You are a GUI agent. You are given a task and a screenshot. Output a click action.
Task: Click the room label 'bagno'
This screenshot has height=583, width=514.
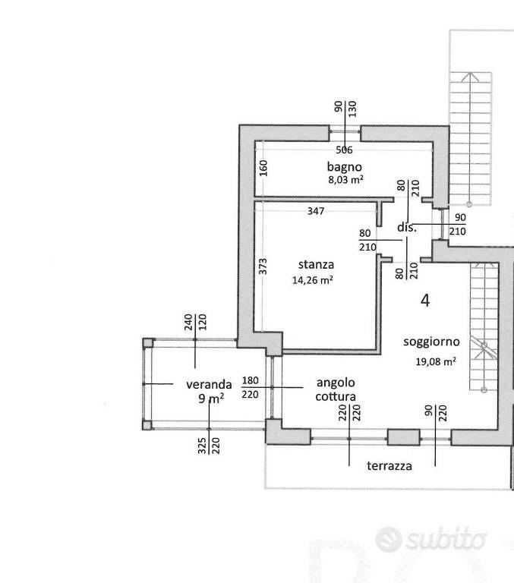345,167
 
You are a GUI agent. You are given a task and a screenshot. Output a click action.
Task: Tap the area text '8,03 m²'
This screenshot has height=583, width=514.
345,180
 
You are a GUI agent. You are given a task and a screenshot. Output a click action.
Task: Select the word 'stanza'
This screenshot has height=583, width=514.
316,264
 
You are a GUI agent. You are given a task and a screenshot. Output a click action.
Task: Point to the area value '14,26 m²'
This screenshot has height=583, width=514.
312,279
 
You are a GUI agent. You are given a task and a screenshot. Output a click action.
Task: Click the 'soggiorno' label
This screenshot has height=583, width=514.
431,342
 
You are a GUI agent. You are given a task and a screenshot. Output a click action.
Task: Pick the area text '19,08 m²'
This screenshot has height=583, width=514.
436,361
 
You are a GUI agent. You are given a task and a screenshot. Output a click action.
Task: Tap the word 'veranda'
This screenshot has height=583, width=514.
209,384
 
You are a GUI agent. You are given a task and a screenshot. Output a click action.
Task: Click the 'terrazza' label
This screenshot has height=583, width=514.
389,466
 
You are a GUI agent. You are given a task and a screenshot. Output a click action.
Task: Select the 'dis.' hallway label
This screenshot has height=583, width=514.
406,227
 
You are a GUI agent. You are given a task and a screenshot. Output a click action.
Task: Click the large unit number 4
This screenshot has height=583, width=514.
425,300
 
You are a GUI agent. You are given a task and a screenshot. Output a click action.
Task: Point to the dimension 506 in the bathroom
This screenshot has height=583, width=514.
344,150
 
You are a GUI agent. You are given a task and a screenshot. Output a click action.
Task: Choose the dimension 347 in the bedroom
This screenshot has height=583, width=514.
316,211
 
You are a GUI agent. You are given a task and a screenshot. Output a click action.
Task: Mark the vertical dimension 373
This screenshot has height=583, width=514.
263,266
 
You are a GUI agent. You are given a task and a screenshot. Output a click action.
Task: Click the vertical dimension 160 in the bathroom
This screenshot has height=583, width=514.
263,168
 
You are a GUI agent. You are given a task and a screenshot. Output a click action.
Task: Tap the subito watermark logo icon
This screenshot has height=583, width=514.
389,539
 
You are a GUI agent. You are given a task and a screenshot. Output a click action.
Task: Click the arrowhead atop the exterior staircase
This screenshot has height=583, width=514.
471,77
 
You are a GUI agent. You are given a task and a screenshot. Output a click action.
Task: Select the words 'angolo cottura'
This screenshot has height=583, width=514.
336,389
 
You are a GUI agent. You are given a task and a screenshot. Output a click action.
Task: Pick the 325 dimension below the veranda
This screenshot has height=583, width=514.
202,446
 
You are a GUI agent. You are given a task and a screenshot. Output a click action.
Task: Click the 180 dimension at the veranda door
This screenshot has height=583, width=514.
250,380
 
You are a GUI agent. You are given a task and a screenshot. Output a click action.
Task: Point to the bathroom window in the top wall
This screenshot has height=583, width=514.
345,131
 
